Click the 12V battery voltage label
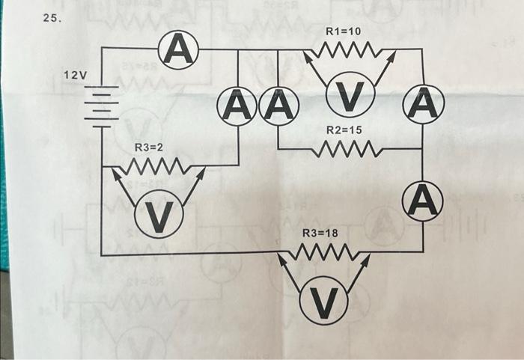tap(75, 76)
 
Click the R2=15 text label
tap(344, 130)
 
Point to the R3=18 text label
tap(320, 234)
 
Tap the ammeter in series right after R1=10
tap(423, 104)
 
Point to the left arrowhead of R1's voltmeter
tap(306, 57)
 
